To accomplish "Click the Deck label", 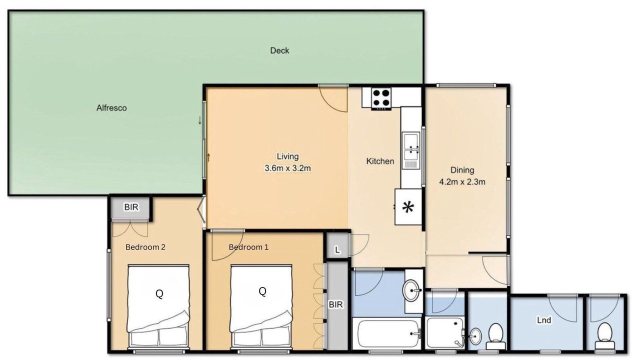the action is [x=279, y=50].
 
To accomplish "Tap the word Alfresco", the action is [x=111, y=108].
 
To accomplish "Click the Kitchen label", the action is [x=380, y=161].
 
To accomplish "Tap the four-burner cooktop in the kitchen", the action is [x=381, y=98].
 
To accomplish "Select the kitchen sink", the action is [x=411, y=150].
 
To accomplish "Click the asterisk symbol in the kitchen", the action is [x=408, y=207].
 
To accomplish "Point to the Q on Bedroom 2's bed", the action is [x=159, y=293].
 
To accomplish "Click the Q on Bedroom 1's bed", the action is [x=262, y=291].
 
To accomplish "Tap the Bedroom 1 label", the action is [x=248, y=247].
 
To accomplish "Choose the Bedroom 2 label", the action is [x=145, y=247].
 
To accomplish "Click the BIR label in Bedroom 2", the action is [x=131, y=207].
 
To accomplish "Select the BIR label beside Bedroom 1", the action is [x=335, y=304].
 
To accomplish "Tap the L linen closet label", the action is [x=337, y=250].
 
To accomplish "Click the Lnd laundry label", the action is [x=544, y=320].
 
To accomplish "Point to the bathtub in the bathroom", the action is [x=387, y=333].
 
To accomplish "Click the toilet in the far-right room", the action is [x=604, y=336].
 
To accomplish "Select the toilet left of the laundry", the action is [x=495, y=336].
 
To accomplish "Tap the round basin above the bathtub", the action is [x=411, y=290].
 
